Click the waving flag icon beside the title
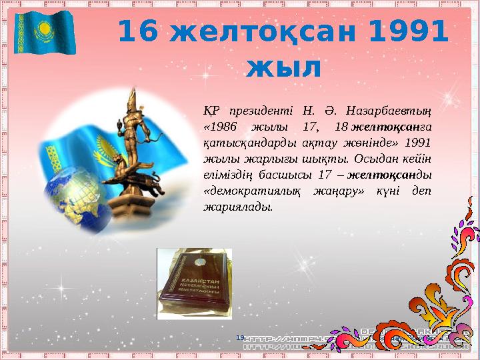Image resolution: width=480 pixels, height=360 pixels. pos(45,31)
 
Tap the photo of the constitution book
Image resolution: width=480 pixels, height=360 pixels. pos(194,283)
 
